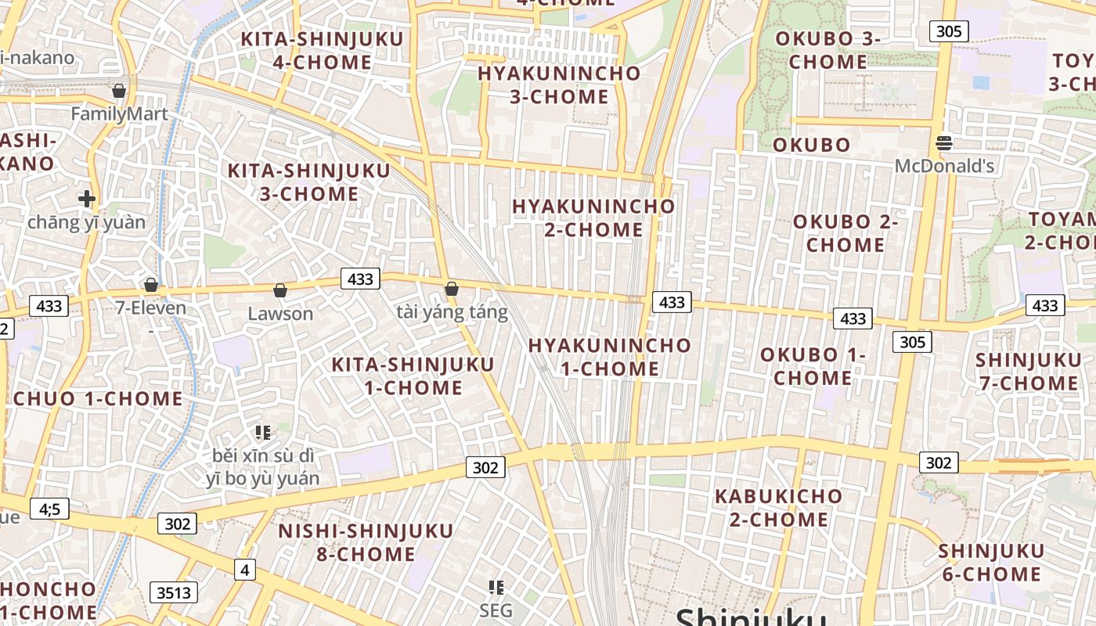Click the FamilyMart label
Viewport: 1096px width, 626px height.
pyautogui.click(x=119, y=114)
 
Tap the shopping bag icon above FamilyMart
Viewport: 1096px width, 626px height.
pyautogui.click(x=119, y=92)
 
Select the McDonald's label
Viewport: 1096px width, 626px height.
pyautogui.click(x=944, y=166)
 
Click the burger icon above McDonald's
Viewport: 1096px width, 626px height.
pyautogui.click(x=944, y=143)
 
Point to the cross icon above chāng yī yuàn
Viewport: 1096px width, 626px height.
pyautogui.click(x=87, y=199)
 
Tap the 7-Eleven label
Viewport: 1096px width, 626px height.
pyautogui.click(x=151, y=308)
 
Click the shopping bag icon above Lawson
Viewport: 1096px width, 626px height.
pyautogui.click(x=280, y=291)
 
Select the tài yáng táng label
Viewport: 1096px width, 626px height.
pyautogui.click(x=452, y=313)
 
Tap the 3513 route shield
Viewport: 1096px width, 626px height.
pyautogui.click(x=174, y=593)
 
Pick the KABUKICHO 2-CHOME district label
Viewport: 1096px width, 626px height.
pyautogui.click(x=778, y=508)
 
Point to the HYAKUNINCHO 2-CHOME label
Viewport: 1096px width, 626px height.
pyautogui.click(x=593, y=218)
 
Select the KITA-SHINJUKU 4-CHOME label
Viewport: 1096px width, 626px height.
pyautogui.click(x=322, y=50)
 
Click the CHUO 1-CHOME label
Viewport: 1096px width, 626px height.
pyautogui.click(x=98, y=398)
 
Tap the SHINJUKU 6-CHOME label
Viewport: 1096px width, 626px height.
pyautogui.click(x=991, y=563)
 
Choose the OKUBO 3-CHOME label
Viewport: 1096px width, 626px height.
pyautogui.click(x=828, y=50)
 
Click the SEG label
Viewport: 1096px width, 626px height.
pyautogui.click(x=496, y=610)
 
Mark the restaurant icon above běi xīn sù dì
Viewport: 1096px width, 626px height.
pyautogui.click(x=263, y=432)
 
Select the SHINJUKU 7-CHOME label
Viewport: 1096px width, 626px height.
pyautogui.click(x=1027, y=372)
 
